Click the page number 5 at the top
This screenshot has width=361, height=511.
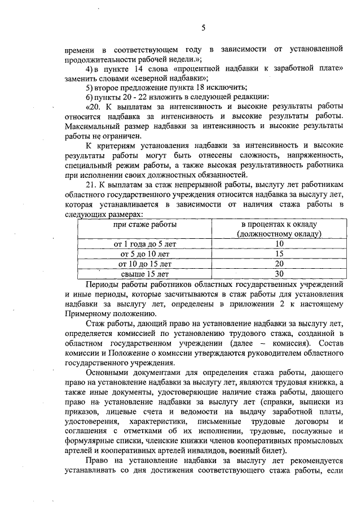click(204, 27)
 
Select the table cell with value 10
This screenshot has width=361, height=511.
click(279, 244)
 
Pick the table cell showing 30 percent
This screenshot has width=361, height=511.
click(279, 273)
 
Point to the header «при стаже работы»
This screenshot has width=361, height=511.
click(145, 224)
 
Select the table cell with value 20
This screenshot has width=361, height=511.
click(279, 264)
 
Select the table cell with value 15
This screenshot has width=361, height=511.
click(279, 254)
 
